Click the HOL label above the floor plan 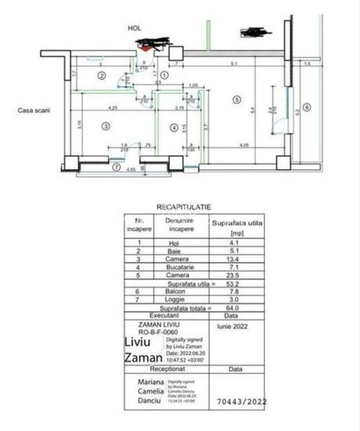point(135,28)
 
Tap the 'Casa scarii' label point(35,110)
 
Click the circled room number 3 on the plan point(106,126)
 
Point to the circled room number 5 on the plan point(237,99)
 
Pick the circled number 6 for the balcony point(306,108)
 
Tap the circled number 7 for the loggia point(116,167)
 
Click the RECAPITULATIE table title point(184,207)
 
